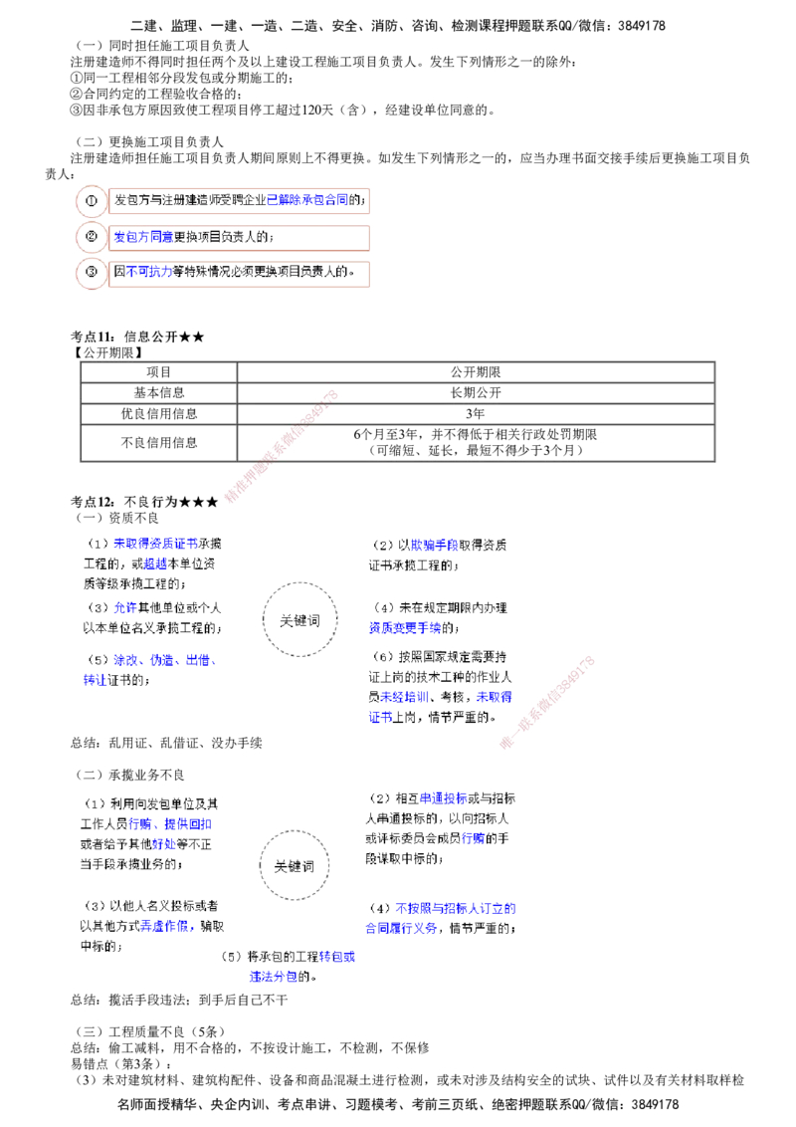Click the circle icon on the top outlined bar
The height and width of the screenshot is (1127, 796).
91,200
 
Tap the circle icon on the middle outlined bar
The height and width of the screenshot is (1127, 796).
91,238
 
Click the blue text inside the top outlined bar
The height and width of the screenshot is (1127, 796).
307,200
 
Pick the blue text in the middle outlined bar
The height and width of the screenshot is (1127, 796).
143,238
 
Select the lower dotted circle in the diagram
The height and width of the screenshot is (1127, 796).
295,864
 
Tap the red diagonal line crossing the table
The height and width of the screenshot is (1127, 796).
283,447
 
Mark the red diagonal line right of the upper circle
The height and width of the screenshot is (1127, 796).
548,702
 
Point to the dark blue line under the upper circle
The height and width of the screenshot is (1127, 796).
294,663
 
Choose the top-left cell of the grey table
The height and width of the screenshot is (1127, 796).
158,373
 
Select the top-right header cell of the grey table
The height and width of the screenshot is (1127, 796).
475,373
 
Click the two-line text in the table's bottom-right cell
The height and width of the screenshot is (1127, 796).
475,443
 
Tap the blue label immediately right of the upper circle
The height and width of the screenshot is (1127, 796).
404,629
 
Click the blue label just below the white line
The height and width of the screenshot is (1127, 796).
456,909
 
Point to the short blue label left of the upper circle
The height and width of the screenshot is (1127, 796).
124,608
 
